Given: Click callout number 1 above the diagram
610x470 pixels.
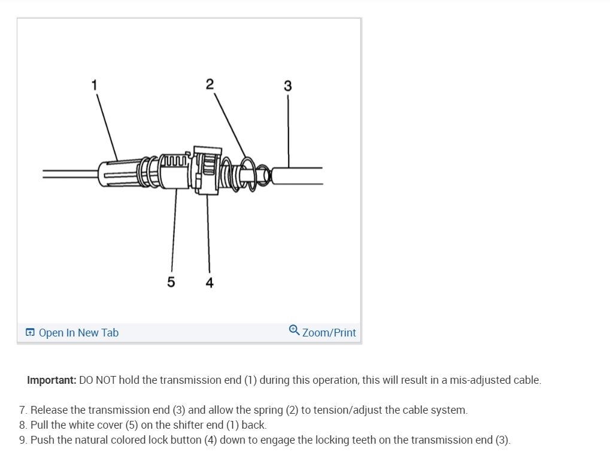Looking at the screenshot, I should click(94, 84).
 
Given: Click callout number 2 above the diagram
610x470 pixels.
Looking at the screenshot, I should click(210, 84).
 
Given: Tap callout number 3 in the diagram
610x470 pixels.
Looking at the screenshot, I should click(288, 86).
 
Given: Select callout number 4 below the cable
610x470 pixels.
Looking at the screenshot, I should click(210, 283).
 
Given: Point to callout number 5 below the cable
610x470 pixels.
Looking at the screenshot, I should click(171, 282).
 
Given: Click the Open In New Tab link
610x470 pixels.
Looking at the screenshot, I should click(78, 333).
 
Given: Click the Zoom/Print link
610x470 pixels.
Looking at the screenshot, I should click(329, 333).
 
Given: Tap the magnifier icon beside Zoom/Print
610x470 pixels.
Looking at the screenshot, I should click(294, 330).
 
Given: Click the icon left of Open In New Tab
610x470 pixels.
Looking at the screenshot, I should click(30, 333).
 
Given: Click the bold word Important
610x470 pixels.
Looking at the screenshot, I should click(51, 380).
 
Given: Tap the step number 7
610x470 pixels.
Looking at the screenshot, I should click(23, 410).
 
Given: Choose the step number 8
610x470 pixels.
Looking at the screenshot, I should click(23, 425).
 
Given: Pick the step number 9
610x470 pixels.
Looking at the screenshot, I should click(23, 440).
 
